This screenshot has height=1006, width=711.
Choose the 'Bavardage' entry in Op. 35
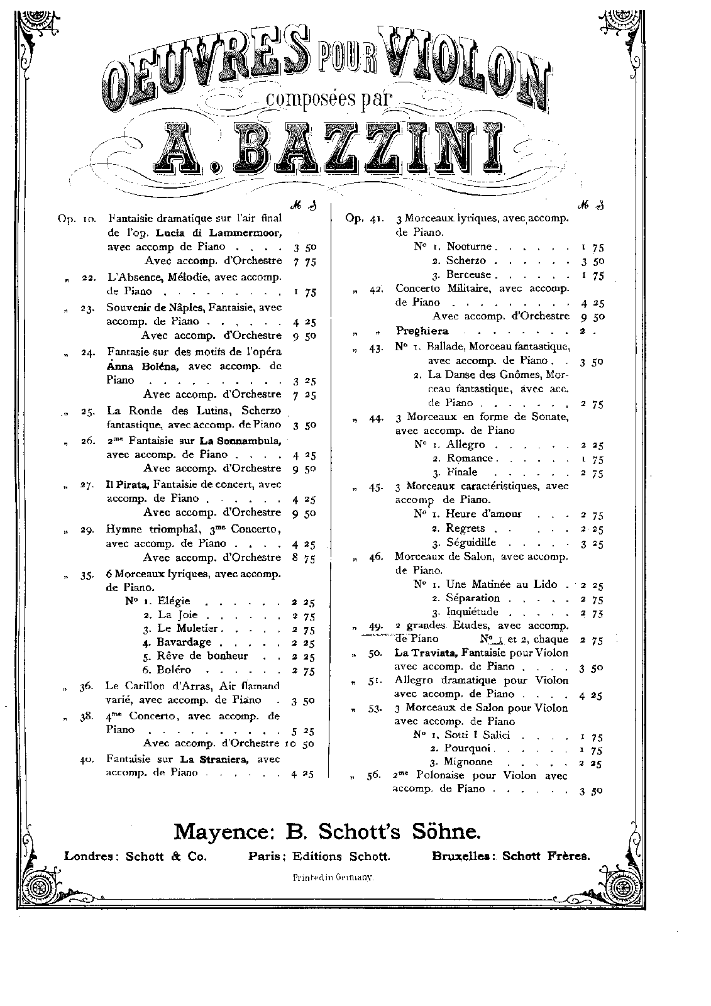click(x=185, y=642)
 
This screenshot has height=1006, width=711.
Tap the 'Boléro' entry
click(x=175, y=670)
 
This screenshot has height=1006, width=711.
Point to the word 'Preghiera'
click(x=422, y=331)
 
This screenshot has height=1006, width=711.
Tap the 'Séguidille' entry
click(x=471, y=542)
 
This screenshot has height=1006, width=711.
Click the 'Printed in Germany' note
click(x=333, y=876)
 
